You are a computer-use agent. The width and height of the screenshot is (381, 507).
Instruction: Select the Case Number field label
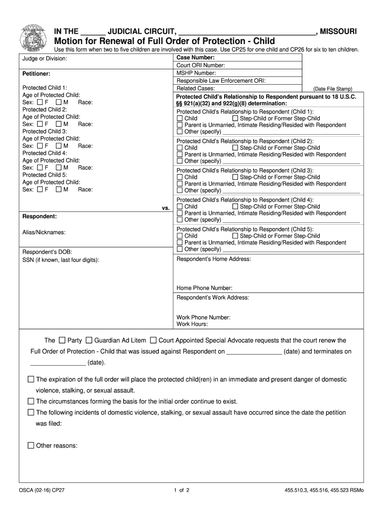click(x=194, y=58)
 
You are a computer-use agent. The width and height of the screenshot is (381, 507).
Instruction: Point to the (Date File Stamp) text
click(x=329, y=89)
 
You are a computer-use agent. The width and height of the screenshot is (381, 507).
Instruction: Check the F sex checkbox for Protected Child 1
click(x=40, y=102)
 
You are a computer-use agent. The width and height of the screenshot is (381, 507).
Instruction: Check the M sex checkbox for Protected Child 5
click(x=59, y=190)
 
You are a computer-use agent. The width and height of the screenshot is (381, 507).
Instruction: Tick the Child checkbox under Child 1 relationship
click(x=180, y=119)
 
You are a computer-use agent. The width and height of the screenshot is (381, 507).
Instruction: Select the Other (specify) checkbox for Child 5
click(x=180, y=250)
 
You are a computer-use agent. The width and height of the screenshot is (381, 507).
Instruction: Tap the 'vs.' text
click(x=166, y=208)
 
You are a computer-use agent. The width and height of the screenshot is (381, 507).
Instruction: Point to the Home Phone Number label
click(x=204, y=288)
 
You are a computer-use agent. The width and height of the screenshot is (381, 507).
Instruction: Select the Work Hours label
click(x=192, y=325)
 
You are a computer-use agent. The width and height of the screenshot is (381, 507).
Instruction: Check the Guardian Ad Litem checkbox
click(x=89, y=341)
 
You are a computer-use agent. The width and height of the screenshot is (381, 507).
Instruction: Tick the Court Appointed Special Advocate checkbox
click(x=153, y=341)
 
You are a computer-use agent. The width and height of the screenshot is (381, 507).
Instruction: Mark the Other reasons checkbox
click(x=31, y=446)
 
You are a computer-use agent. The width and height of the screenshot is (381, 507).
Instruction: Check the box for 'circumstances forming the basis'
click(x=31, y=402)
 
